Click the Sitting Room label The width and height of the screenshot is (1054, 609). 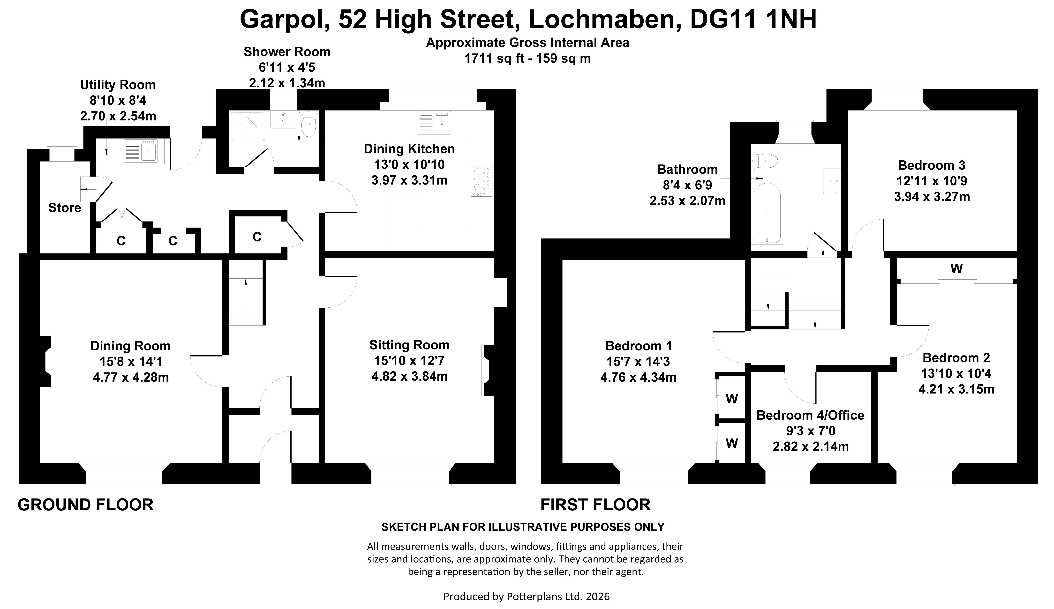[409, 345]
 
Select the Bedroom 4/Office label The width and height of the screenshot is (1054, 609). [811, 415]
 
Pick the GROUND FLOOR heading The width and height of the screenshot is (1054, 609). [86, 505]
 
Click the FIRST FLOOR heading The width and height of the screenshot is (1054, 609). [596, 505]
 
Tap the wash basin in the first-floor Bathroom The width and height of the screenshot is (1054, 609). [831, 181]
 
